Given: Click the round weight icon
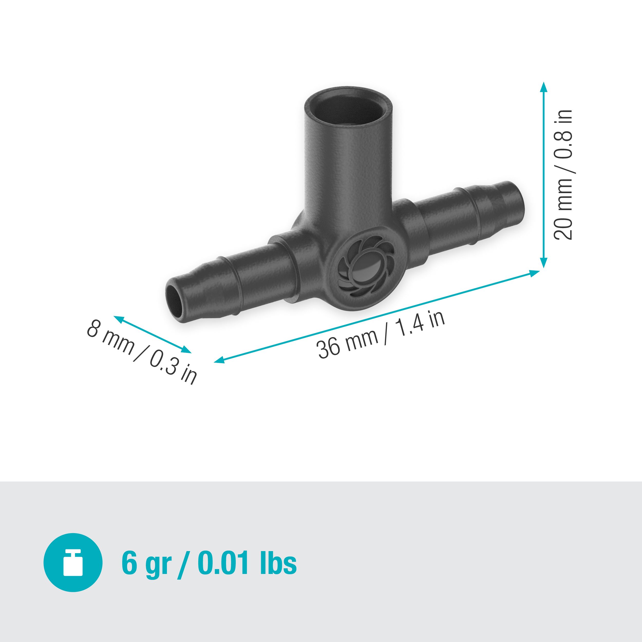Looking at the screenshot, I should pos(73,563).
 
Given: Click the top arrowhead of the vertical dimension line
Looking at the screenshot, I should pos(544,87).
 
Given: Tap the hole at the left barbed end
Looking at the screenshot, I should pos(174,302).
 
